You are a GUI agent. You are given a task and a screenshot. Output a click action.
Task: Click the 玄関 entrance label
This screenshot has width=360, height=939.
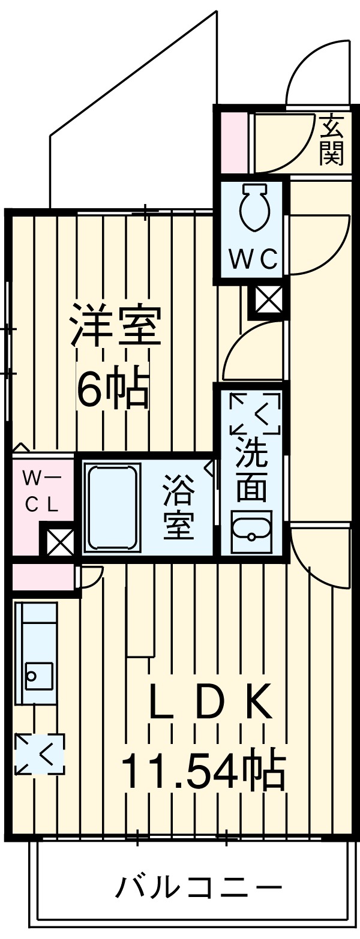(x=332, y=141)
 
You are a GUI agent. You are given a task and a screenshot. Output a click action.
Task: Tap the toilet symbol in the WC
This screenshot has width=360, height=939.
(x=254, y=208)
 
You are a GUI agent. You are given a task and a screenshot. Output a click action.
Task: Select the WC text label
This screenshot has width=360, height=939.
(x=254, y=260)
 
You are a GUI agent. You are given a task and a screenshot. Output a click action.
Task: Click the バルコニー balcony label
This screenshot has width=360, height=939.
(x=198, y=887)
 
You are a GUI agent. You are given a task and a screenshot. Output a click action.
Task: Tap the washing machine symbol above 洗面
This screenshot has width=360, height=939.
(x=255, y=413)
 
